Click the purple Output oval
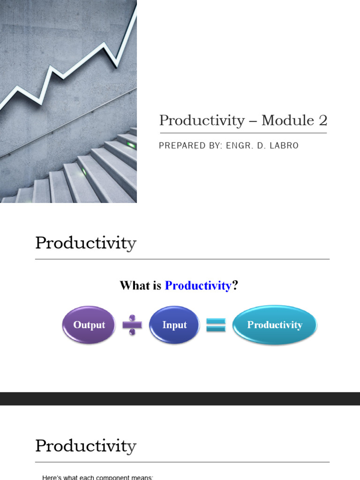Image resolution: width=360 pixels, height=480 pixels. click(x=89, y=325)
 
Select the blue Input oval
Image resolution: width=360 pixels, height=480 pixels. click(x=174, y=325)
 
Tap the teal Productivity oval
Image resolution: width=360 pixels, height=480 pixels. click(x=275, y=325)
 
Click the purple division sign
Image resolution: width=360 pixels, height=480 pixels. click(x=132, y=325)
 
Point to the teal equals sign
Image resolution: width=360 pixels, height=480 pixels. click(x=216, y=325)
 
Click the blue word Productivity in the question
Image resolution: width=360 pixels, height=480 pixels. click(x=198, y=285)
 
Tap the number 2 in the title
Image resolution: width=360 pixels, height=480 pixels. click(x=323, y=120)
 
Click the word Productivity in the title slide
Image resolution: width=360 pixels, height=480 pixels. click(x=202, y=120)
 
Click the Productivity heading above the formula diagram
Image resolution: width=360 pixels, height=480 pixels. click(x=86, y=243)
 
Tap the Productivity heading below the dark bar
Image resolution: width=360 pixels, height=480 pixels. click(x=86, y=446)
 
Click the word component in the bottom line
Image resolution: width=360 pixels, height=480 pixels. click(x=100, y=477)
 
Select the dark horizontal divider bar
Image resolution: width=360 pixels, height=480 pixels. click(x=180, y=398)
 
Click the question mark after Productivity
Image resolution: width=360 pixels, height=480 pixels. click(x=235, y=285)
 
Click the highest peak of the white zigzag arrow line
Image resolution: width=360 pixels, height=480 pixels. click(x=135, y=6)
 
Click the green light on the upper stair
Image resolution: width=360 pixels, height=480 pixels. click(x=131, y=145)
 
